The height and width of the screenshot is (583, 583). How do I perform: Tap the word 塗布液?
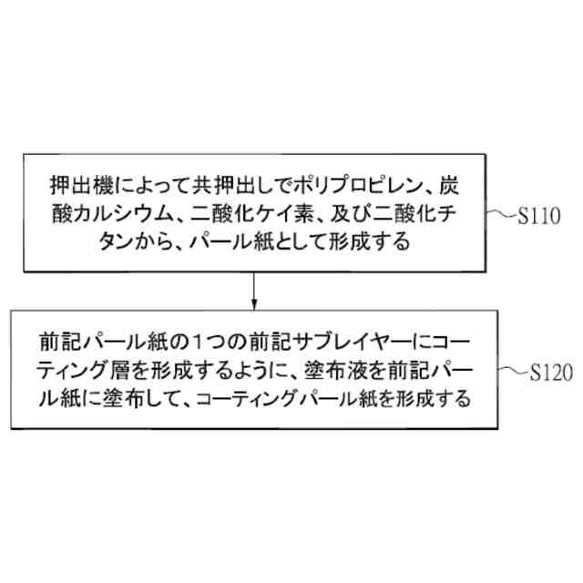[341, 372]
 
